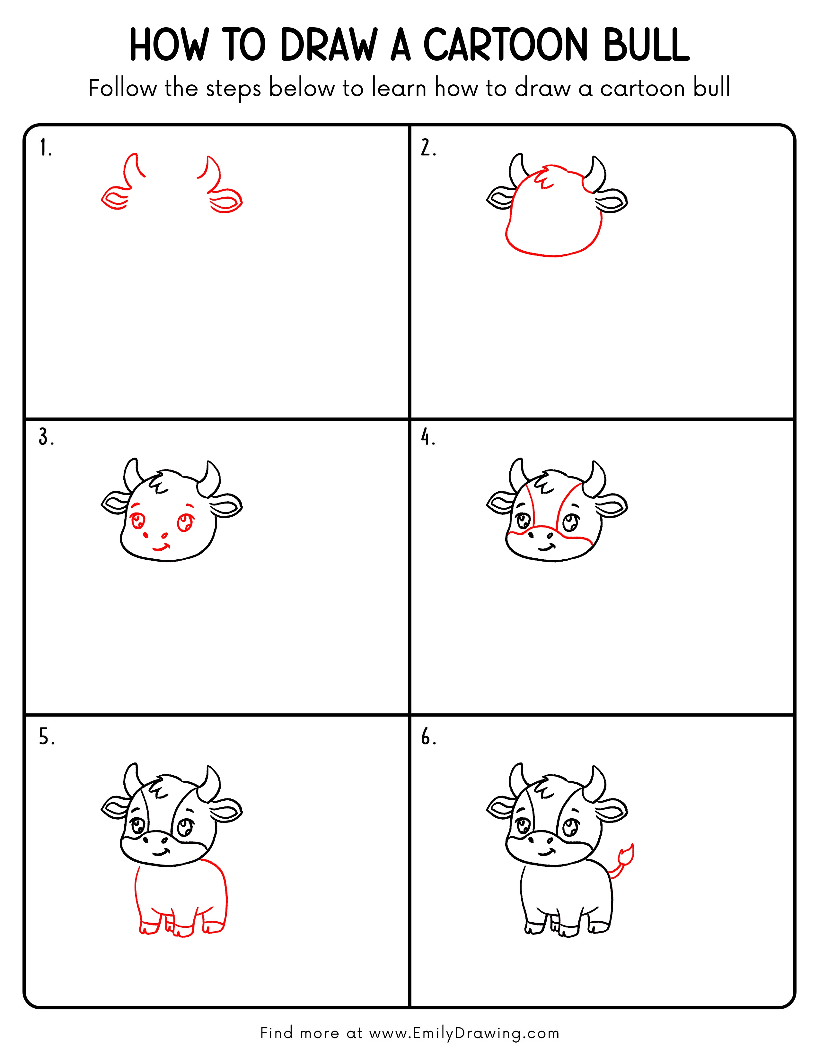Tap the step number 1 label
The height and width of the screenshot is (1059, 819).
click(x=45, y=148)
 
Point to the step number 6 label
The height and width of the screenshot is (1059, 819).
click(x=428, y=737)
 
